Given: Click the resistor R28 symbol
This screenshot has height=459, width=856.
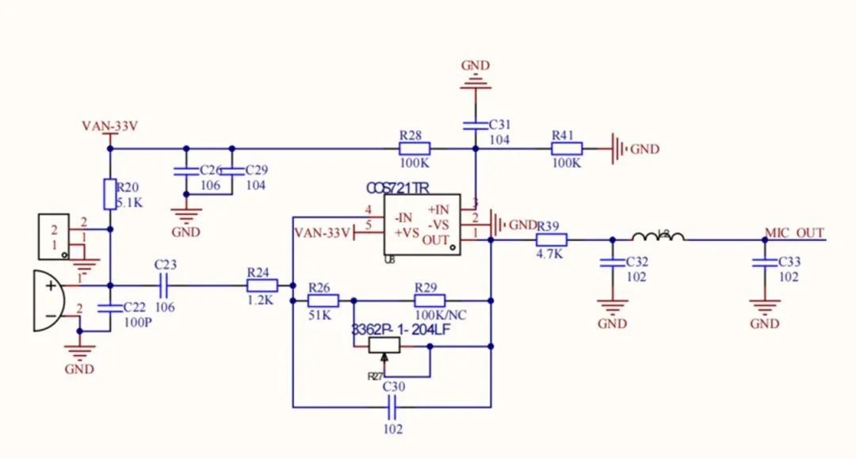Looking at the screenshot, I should click(x=415, y=148).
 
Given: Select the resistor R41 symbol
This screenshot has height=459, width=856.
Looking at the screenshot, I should click(x=567, y=148).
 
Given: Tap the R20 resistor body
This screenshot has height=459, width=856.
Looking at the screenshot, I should click(x=110, y=193).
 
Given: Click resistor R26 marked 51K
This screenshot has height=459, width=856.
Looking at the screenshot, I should click(x=323, y=300).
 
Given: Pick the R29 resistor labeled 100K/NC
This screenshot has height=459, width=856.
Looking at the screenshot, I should click(x=430, y=300).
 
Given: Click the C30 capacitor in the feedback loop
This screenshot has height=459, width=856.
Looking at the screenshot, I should click(x=393, y=407).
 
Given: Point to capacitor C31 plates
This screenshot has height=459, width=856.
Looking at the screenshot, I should click(x=476, y=124).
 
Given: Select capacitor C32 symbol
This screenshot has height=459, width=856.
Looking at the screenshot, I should click(x=612, y=262).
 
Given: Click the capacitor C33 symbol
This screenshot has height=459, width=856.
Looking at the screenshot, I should click(x=764, y=262).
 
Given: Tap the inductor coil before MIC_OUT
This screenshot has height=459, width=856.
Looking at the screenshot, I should click(x=658, y=237).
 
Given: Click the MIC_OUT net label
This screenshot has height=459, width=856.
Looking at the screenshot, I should click(x=794, y=232).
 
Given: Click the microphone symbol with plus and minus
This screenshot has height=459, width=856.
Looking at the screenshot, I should click(x=48, y=301).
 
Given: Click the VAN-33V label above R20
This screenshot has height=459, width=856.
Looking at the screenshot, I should click(x=110, y=126).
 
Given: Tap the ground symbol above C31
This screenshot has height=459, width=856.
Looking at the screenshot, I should click(x=476, y=79).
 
